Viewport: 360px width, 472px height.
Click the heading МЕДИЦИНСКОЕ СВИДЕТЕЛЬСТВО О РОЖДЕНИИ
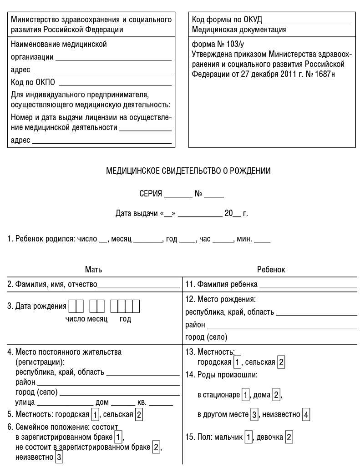pos(188,171)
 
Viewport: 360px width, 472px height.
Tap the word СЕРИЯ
pos(151,194)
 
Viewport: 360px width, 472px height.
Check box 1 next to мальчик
pos(248,438)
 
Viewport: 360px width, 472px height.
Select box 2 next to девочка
pos(288,438)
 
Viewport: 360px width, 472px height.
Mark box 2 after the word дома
pos(276,395)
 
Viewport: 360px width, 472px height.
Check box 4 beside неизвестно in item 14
pos(306,415)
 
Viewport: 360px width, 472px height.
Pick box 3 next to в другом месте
pos(255,415)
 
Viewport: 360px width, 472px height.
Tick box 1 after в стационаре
pos(245,395)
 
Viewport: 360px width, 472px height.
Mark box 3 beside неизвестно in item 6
pos(59,458)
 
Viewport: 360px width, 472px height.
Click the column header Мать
pos(93,270)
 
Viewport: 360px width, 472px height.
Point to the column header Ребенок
pos(271,270)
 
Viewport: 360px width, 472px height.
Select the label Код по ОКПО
pos(33,82)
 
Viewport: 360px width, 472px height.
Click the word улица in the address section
pos(25,402)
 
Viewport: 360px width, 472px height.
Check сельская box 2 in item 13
pos(281,362)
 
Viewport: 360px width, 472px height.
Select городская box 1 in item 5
pos(95,415)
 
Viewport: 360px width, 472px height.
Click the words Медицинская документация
pos(239,30)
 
